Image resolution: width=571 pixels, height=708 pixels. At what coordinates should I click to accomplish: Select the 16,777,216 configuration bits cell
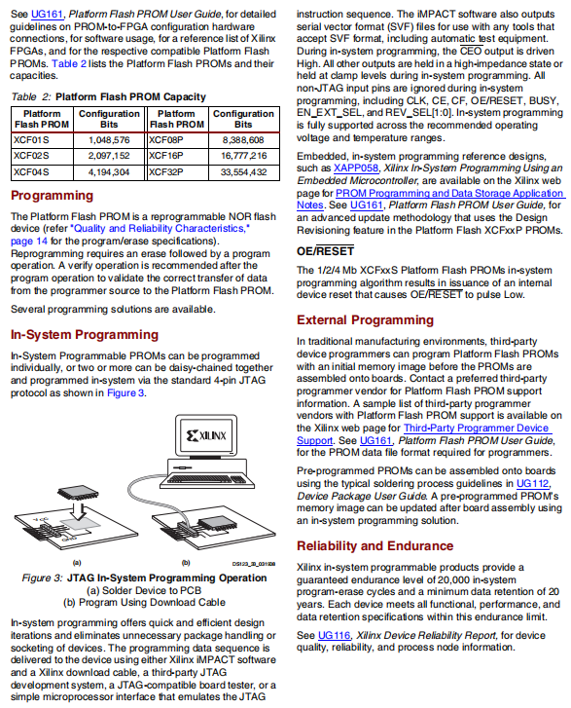(243, 156)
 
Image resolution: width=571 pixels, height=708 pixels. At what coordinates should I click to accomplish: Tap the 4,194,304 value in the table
(109, 172)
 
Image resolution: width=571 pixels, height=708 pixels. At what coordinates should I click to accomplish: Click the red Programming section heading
(52, 196)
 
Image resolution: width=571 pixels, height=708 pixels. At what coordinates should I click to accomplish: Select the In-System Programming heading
(85, 335)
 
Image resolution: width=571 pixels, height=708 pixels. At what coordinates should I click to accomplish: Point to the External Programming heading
(365, 320)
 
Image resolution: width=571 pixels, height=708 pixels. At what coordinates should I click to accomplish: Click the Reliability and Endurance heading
(375, 546)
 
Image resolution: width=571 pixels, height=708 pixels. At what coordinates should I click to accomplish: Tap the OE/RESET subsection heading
(325, 251)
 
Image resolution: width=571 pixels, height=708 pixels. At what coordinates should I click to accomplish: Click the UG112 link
(533, 484)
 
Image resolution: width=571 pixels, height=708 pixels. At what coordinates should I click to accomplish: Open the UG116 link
(335, 635)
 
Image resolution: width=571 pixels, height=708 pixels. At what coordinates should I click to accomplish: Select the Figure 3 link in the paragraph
(125, 392)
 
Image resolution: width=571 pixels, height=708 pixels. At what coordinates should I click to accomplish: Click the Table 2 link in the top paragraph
(69, 63)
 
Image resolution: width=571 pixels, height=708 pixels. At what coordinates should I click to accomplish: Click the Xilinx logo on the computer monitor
(206, 435)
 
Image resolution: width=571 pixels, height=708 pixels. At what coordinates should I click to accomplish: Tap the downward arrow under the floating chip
(79, 511)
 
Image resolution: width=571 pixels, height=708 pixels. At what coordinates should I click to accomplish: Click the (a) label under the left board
(77, 563)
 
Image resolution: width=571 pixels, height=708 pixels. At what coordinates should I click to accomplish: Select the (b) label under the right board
(186, 563)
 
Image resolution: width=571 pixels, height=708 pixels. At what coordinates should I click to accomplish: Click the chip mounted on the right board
(218, 523)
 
